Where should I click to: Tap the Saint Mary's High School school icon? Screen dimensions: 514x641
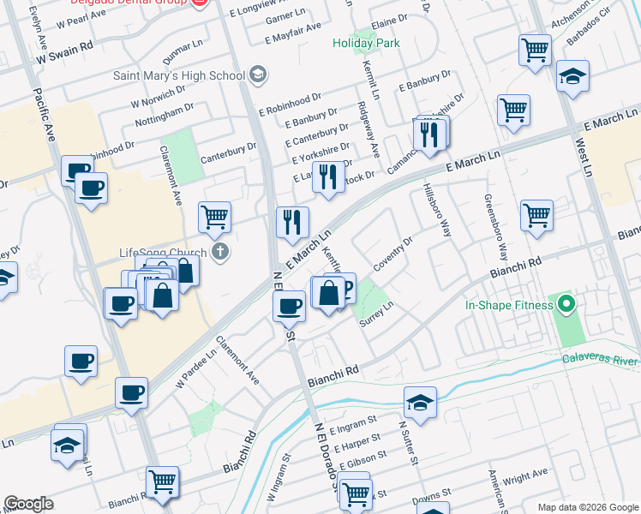click(257, 75)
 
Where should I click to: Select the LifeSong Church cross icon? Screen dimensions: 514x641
click(221, 252)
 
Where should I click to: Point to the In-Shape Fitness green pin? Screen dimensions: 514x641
click(566, 304)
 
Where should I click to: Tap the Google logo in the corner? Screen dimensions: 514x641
click(28, 504)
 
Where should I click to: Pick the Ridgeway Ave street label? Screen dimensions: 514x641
click(368, 129)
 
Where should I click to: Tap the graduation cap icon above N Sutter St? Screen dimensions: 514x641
click(420, 403)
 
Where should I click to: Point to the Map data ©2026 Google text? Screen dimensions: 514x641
click(586, 506)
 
